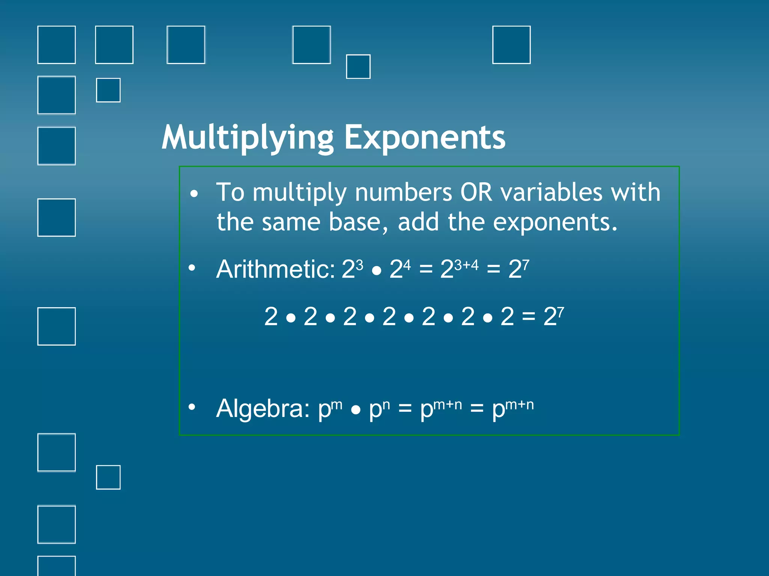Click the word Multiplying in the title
pyautogui.click(x=248, y=138)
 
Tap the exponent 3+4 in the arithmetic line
pyautogui.click(x=466, y=265)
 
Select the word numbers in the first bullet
pyautogui.click(x=404, y=192)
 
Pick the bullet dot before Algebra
pyautogui.click(x=192, y=407)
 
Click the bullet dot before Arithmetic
pyautogui.click(x=192, y=268)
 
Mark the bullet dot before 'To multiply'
pyautogui.click(x=194, y=194)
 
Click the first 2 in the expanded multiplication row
pyautogui.click(x=271, y=316)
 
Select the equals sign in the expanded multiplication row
pyautogui.click(x=528, y=317)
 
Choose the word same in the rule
pyautogui.click(x=291, y=222)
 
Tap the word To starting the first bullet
pyautogui.click(x=230, y=192)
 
